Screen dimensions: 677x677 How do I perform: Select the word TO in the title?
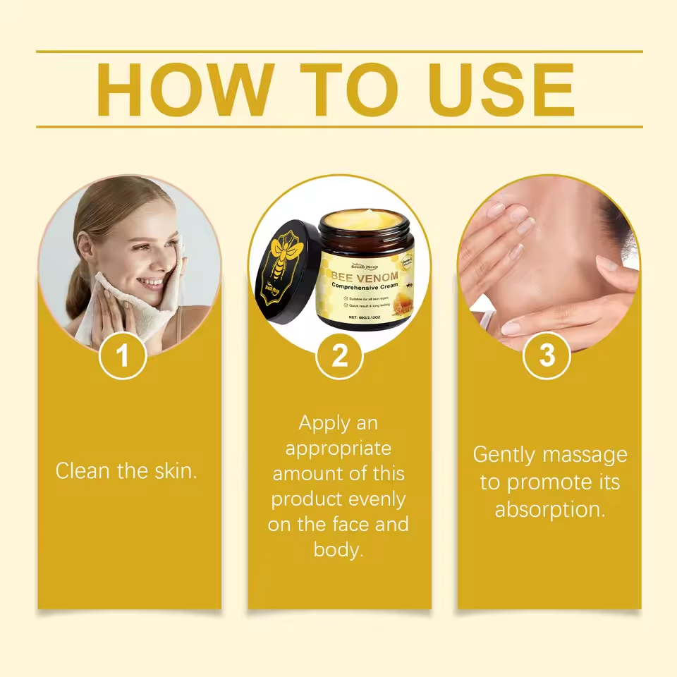349,90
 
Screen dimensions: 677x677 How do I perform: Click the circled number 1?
123,356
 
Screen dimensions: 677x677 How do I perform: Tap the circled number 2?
339,356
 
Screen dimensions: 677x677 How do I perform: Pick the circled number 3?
547,356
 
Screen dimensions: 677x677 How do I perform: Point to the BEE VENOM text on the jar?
365,276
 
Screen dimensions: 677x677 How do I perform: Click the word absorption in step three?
549,509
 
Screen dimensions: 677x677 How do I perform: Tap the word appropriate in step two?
338,449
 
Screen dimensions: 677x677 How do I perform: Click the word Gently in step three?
505,455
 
